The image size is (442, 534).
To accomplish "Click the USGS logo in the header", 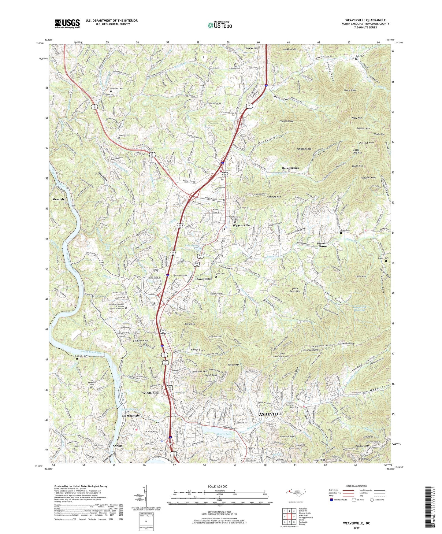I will click(67, 23).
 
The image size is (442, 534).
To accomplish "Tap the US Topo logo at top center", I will click(219, 25).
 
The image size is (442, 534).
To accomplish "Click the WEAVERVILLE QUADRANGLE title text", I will click(365, 20).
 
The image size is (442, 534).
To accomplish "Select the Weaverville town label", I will click(241, 225).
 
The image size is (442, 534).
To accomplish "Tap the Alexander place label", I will click(59, 199).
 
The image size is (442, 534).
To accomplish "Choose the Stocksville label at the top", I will click(251, 48).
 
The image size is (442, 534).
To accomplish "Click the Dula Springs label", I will click(290, 168).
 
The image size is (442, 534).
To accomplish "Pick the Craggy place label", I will click(117, 445).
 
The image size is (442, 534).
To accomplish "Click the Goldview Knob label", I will click(141, 340).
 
